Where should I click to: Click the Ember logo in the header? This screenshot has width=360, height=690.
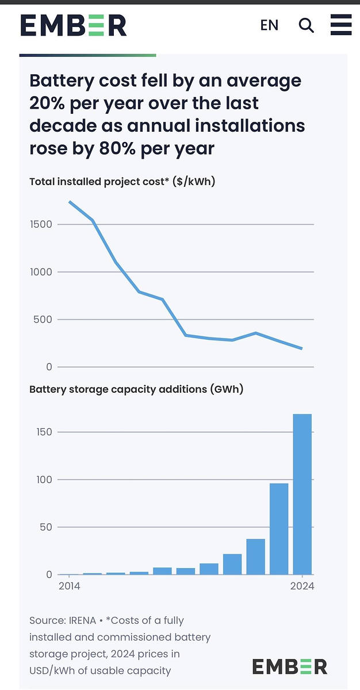point(73,25)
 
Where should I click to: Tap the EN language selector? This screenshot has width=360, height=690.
point(269,25)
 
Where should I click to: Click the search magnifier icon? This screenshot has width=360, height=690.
point(307,25)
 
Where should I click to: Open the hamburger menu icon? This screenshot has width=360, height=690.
point(340,25)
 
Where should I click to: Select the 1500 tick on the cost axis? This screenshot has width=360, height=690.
point(41,224)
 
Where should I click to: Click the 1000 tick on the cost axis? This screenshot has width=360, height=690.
point(41,272)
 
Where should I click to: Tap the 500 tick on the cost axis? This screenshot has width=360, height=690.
point(44,319)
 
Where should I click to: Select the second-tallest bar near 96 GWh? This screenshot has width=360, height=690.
point(279,528)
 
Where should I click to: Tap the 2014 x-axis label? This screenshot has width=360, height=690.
point(69,586)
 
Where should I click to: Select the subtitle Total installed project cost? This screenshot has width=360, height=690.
point(122,182)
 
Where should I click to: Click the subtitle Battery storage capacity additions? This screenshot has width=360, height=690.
point(136,389)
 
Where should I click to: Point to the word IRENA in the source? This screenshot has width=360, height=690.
point(81,620)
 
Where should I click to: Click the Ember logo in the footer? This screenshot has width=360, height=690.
point(289,666)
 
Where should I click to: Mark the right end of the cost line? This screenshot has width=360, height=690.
point(301,348)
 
